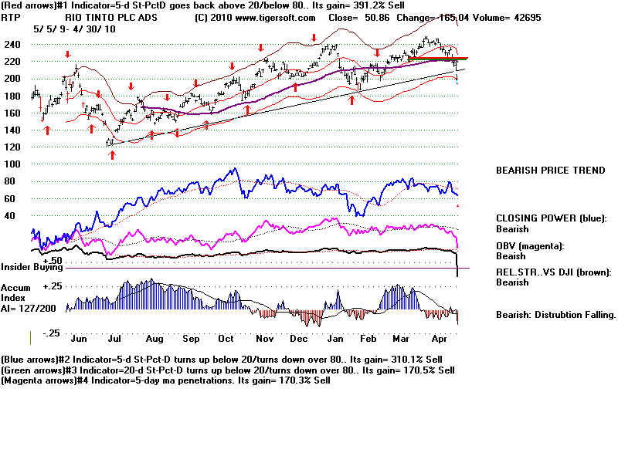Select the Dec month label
point(299,337)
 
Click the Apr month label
point(440,337)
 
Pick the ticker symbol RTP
point(11,17)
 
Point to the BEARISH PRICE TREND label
point(550,171)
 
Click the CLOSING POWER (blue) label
point(551,218)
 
